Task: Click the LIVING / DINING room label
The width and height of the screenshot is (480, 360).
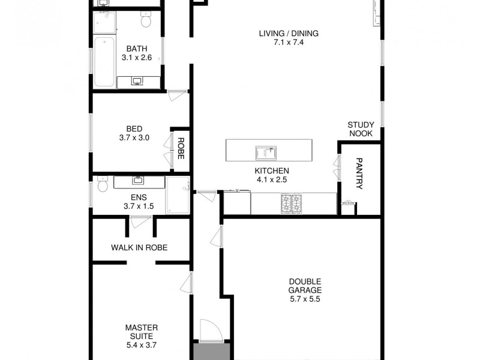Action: (289, 33)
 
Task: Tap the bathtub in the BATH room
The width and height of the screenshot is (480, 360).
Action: (105, 62)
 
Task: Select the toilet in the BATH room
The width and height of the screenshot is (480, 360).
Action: (145, 22)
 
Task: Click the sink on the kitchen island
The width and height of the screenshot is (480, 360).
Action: (266, 153)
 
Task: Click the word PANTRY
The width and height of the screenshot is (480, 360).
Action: (359, 173)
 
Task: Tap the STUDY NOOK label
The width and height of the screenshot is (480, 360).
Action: (360, 129)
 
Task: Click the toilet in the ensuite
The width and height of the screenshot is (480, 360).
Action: (103, 185)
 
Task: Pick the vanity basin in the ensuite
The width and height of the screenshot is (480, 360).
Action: (138, 180)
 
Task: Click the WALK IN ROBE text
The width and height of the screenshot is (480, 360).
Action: (139, 247)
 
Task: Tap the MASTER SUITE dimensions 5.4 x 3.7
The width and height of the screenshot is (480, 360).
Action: (142, 346)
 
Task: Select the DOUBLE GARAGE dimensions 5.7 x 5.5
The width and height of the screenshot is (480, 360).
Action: (305, 299)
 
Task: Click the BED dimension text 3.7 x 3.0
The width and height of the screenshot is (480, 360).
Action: (134, 137)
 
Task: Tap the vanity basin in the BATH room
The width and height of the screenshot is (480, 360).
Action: (137, 81)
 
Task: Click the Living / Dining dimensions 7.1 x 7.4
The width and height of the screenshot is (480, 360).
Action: (289, 42)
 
